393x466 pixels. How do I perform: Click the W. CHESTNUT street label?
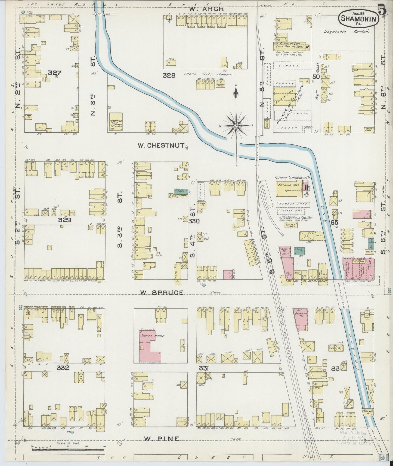[x=161, y=146]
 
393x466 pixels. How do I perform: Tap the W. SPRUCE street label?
[x=162, y=293]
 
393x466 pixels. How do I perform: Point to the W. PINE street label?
[x=162, y=439]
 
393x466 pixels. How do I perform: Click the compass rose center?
[x=236, y=126]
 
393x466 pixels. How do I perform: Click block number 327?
[x=55, y=73]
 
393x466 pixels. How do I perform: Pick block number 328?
[x=169, y=76]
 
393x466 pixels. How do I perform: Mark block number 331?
[x=204, y=368]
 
